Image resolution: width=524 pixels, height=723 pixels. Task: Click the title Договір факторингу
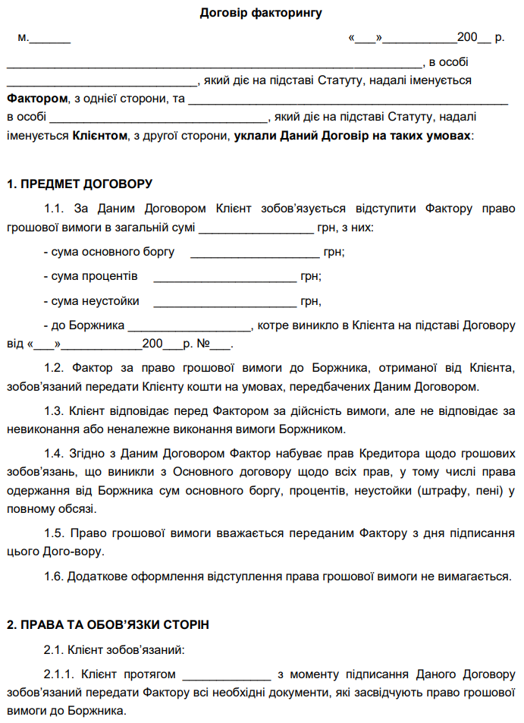tap(262, 12)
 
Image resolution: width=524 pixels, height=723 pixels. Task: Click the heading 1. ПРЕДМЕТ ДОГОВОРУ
tap(80, 184)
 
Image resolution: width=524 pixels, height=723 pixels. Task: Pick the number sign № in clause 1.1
tap(203, 344)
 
